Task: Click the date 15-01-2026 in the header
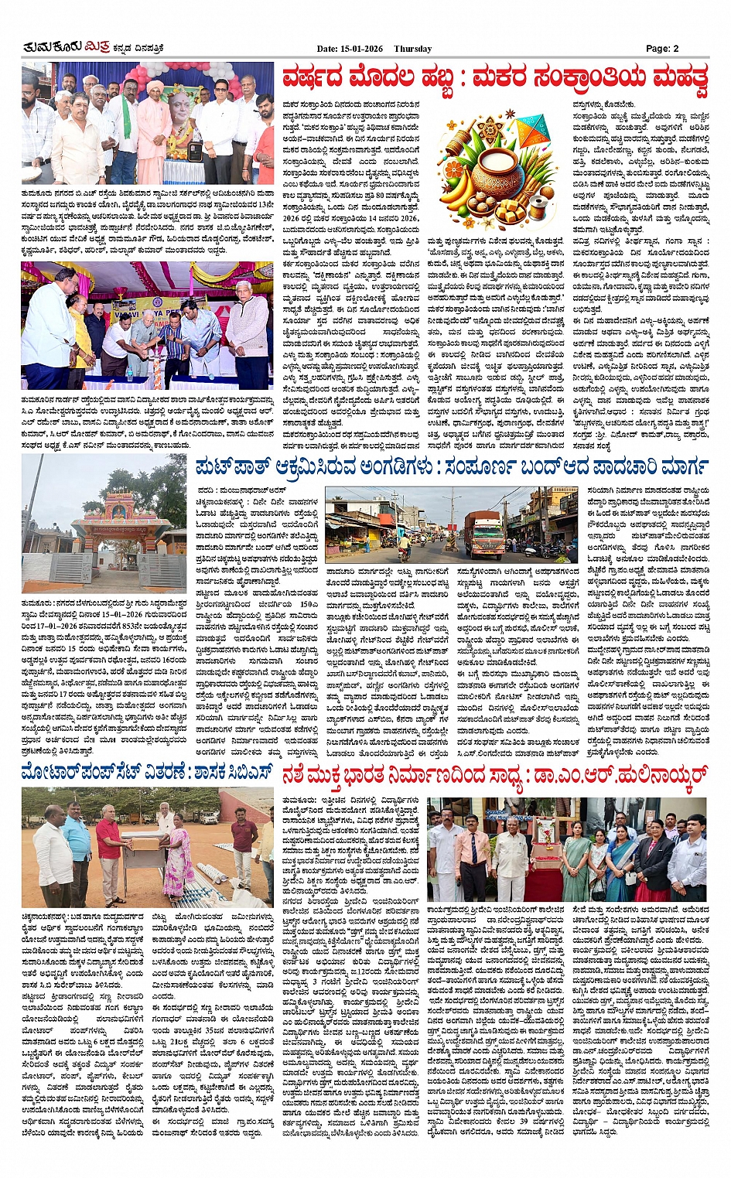tap(361, 49)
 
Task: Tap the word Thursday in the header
tap(412, 49)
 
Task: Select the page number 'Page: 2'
tap(662, 49)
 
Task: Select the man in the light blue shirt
tap(77, 843)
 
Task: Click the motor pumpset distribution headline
tap(147, 772)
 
